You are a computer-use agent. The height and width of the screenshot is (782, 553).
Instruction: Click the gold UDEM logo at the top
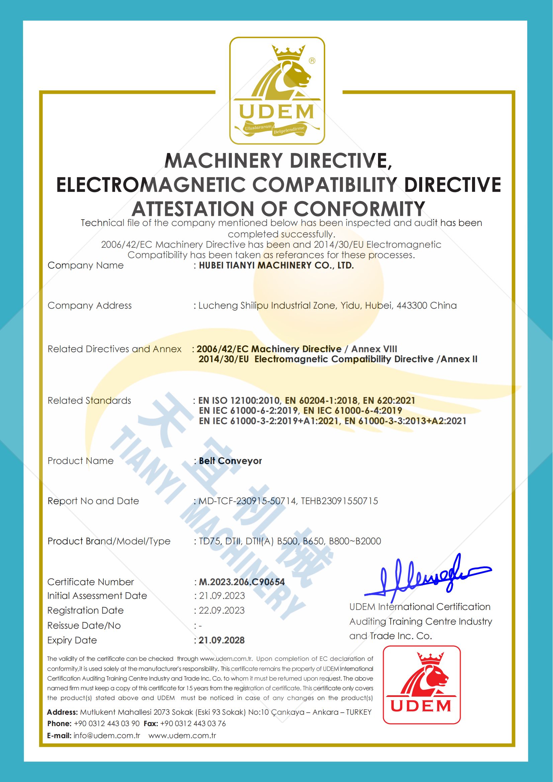277,90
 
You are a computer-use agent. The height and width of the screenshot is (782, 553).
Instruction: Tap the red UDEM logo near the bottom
422,685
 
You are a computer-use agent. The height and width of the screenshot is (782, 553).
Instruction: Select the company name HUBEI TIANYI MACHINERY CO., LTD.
276,265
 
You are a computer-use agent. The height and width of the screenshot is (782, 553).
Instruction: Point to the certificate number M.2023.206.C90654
242,582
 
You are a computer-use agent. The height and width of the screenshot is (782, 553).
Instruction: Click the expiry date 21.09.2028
222,640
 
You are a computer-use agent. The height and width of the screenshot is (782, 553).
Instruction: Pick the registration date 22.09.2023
222,610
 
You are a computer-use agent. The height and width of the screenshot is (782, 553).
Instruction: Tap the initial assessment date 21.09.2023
222,596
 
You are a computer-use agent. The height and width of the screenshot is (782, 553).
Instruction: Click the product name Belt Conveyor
231,461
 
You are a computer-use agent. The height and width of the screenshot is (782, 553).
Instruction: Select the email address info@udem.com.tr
107,735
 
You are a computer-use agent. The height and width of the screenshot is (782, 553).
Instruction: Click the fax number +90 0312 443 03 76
193,723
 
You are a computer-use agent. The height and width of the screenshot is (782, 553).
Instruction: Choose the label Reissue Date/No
84,626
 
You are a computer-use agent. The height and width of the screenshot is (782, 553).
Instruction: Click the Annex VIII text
374,349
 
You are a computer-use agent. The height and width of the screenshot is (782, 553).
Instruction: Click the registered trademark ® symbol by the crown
312,61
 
